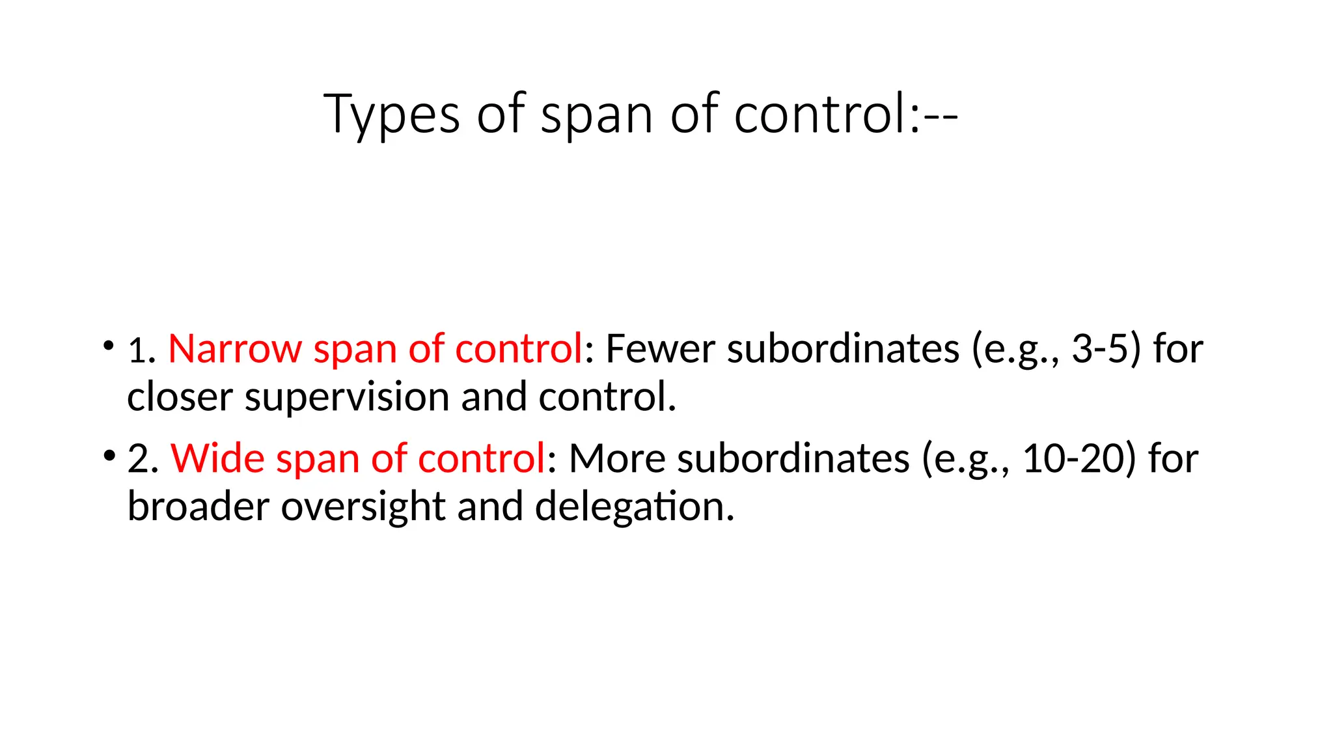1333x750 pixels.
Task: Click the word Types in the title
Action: pos(391,115)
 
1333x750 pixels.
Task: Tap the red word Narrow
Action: pos(235,348)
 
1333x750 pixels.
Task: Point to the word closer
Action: pos(180,396)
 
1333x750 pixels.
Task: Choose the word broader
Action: pos(198,506)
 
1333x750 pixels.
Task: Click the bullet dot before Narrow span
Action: pos(108,344)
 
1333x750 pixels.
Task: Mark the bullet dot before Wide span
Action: pos(108,454)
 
